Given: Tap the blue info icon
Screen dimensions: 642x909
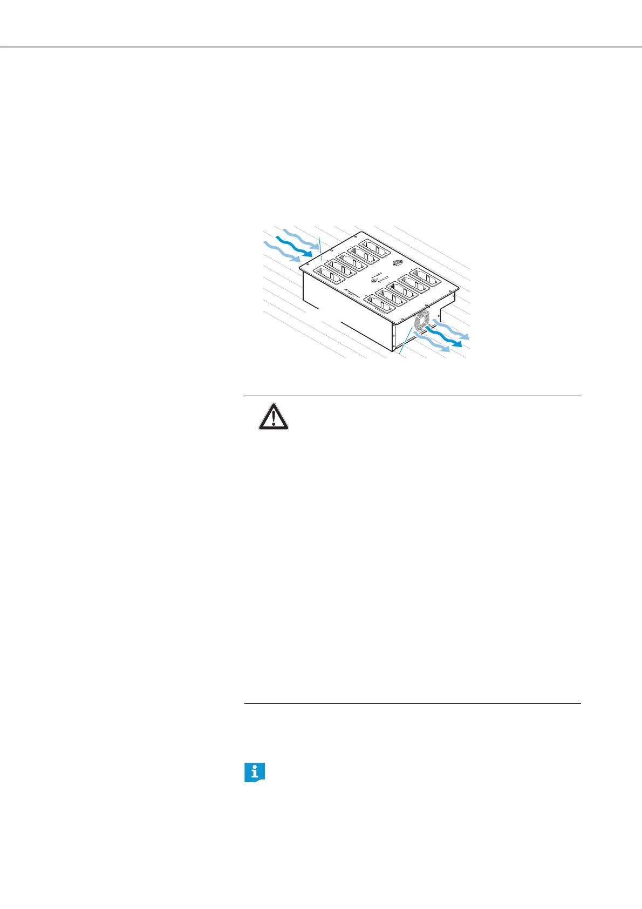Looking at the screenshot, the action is [255, 772].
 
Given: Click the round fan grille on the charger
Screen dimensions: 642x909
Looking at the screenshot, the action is [421, 327].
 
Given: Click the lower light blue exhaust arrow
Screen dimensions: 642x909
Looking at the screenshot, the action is [432, 343].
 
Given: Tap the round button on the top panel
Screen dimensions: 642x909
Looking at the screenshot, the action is [374, 281].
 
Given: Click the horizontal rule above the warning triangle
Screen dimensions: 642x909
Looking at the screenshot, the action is [412, 396].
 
